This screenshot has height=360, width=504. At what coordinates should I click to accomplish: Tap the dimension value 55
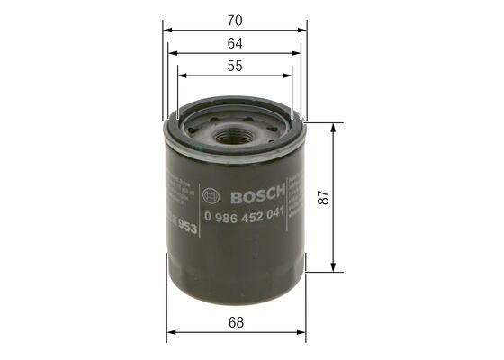click(236, 65)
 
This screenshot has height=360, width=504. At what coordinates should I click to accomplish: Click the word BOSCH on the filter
click(257, 194)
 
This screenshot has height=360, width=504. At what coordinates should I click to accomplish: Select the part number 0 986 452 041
click(246, 214)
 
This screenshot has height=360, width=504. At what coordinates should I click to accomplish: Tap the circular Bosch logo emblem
click(212, 194)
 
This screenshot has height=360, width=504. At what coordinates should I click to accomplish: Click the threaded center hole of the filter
click(236, 135)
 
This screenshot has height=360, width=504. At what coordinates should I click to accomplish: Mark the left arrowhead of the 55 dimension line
click(181, 78)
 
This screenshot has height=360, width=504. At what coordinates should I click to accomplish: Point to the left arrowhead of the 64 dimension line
click(174, 54)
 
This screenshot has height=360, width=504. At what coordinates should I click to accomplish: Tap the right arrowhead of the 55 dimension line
click(290, 78)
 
